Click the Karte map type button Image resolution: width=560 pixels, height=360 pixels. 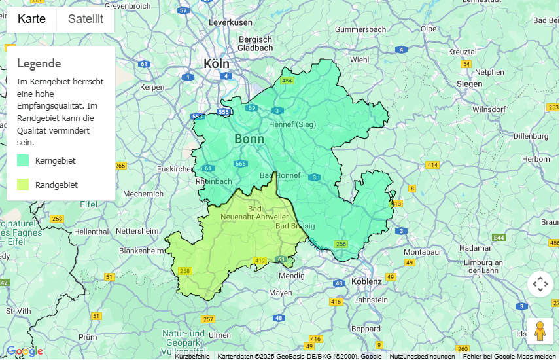click(x=31, y=19)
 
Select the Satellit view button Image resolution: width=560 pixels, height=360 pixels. click(x=86, y=19)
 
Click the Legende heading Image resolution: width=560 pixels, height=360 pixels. click(x=39, y=63)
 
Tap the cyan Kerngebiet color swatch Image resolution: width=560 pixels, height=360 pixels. click(x=23, y=160)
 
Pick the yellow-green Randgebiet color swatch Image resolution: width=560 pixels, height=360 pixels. click(x=23, y=185)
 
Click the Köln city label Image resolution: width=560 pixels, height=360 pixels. click(x=217, y=63)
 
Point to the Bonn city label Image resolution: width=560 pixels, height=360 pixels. click(x=249, y=139)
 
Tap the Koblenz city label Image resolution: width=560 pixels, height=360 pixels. click(x=366, y=281)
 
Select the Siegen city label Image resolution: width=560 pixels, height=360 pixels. click(x=469, y=84)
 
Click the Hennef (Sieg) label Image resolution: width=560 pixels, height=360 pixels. click(x=292, y=124)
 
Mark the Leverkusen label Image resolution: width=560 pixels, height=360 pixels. click(x=230, y=22)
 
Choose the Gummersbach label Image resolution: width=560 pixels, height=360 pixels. click(x=360, y=30)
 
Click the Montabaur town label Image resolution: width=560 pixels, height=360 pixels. click(x=423, y=252)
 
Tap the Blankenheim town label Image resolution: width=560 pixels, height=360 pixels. click(x=141, y=251)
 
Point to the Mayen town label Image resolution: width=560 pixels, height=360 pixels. click(x=281, y=293)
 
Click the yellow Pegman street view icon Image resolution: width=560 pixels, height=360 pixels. click(x=540, y=331)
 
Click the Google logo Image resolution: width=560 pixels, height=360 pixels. click(x=25, y=351)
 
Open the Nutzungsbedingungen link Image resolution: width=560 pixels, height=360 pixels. click(x=422, y=357)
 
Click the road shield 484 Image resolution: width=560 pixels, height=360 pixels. click(x=287, y=81)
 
